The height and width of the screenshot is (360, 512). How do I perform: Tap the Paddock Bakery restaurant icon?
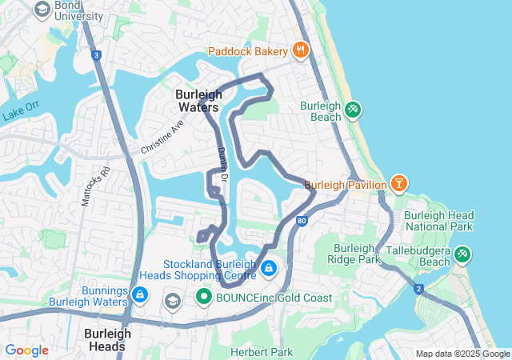point(301,50)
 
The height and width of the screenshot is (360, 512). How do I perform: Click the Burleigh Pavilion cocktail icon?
point(398,185)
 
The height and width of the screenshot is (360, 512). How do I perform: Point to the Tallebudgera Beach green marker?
point(462,255)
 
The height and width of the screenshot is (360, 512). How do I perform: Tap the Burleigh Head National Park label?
point(438,221)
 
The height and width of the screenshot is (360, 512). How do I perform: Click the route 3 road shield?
point(96,55)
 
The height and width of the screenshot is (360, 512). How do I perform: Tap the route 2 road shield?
point(418,289)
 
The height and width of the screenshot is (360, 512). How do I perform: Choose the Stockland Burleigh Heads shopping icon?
point(269,267)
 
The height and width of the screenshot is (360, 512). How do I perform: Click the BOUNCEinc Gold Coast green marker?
point(203,298)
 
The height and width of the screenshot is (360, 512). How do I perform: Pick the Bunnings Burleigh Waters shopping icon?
point(140,295)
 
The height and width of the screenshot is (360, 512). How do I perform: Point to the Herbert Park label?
point(262,352)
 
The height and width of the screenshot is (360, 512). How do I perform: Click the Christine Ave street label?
point(162,137)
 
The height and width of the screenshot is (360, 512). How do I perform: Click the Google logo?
point(26,350)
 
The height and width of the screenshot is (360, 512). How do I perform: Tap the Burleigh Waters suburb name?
point(199,100)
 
